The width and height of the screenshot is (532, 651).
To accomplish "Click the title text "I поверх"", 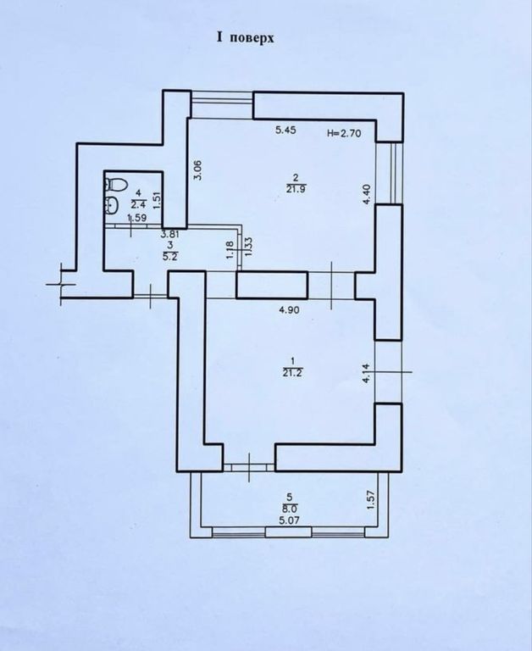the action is (246, 38).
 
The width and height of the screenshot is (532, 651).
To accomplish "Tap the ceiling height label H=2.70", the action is (344, 133).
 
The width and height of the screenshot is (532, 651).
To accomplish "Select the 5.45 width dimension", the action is (285, 131).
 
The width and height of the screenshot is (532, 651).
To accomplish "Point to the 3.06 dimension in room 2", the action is (198, 170).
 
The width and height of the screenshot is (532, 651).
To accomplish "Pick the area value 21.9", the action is (296, 189).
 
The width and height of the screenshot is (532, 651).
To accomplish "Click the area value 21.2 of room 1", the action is (293, 373).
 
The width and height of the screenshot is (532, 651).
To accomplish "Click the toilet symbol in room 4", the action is (115, 184).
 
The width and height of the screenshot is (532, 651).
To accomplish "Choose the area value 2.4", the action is (138, 204).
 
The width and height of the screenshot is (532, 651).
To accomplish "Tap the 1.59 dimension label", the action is (136, 217).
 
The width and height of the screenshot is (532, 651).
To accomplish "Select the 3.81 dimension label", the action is (169, 235).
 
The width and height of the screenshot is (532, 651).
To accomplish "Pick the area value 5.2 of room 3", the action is (171, 257).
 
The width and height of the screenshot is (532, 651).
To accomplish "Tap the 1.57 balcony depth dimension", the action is (371, 500).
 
